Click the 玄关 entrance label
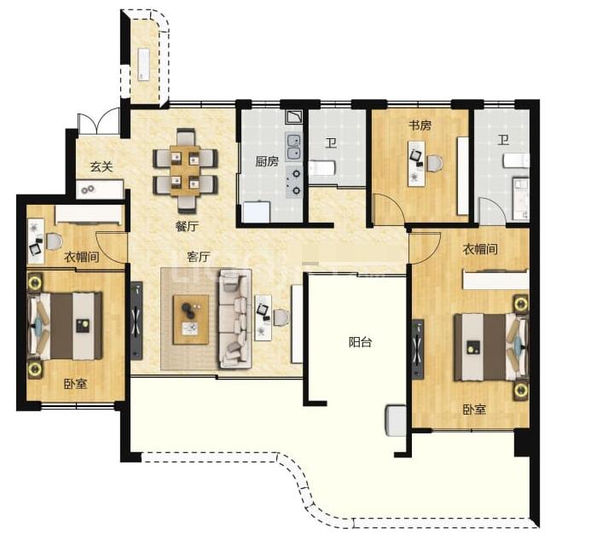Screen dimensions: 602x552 click(x=101, y=166)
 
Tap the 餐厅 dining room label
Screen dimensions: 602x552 click(x=187, y=226)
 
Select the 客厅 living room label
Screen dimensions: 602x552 click(x=199, y=257)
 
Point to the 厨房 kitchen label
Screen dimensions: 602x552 click(x=267, y=161)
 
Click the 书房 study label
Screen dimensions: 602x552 click(x=420, y=125)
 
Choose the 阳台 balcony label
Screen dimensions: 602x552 click(x=360, y=341)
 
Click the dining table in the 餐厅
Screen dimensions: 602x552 click(x=185, y=171)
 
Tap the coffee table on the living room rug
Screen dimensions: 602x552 click(x=191, y=320)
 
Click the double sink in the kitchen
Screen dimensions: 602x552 click(x=294, y=148)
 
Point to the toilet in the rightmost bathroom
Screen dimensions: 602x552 click(x=517, y=160)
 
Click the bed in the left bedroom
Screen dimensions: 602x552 click(x=66, y=327)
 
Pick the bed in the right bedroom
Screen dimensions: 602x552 click(x=491, y=347)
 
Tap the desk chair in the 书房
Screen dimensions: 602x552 click(x=434, y=163)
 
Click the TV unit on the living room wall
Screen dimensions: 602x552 click(x=136, y=321)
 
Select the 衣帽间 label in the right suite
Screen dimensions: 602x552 click(x=480, y=249)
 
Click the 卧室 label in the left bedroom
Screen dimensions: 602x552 click(x=75, y=383)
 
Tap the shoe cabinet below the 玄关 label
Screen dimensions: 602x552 click(x=100, y=189)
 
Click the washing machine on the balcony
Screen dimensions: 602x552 click(x=396, y=421)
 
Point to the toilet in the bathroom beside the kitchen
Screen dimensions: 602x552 click(x=321, y=168)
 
